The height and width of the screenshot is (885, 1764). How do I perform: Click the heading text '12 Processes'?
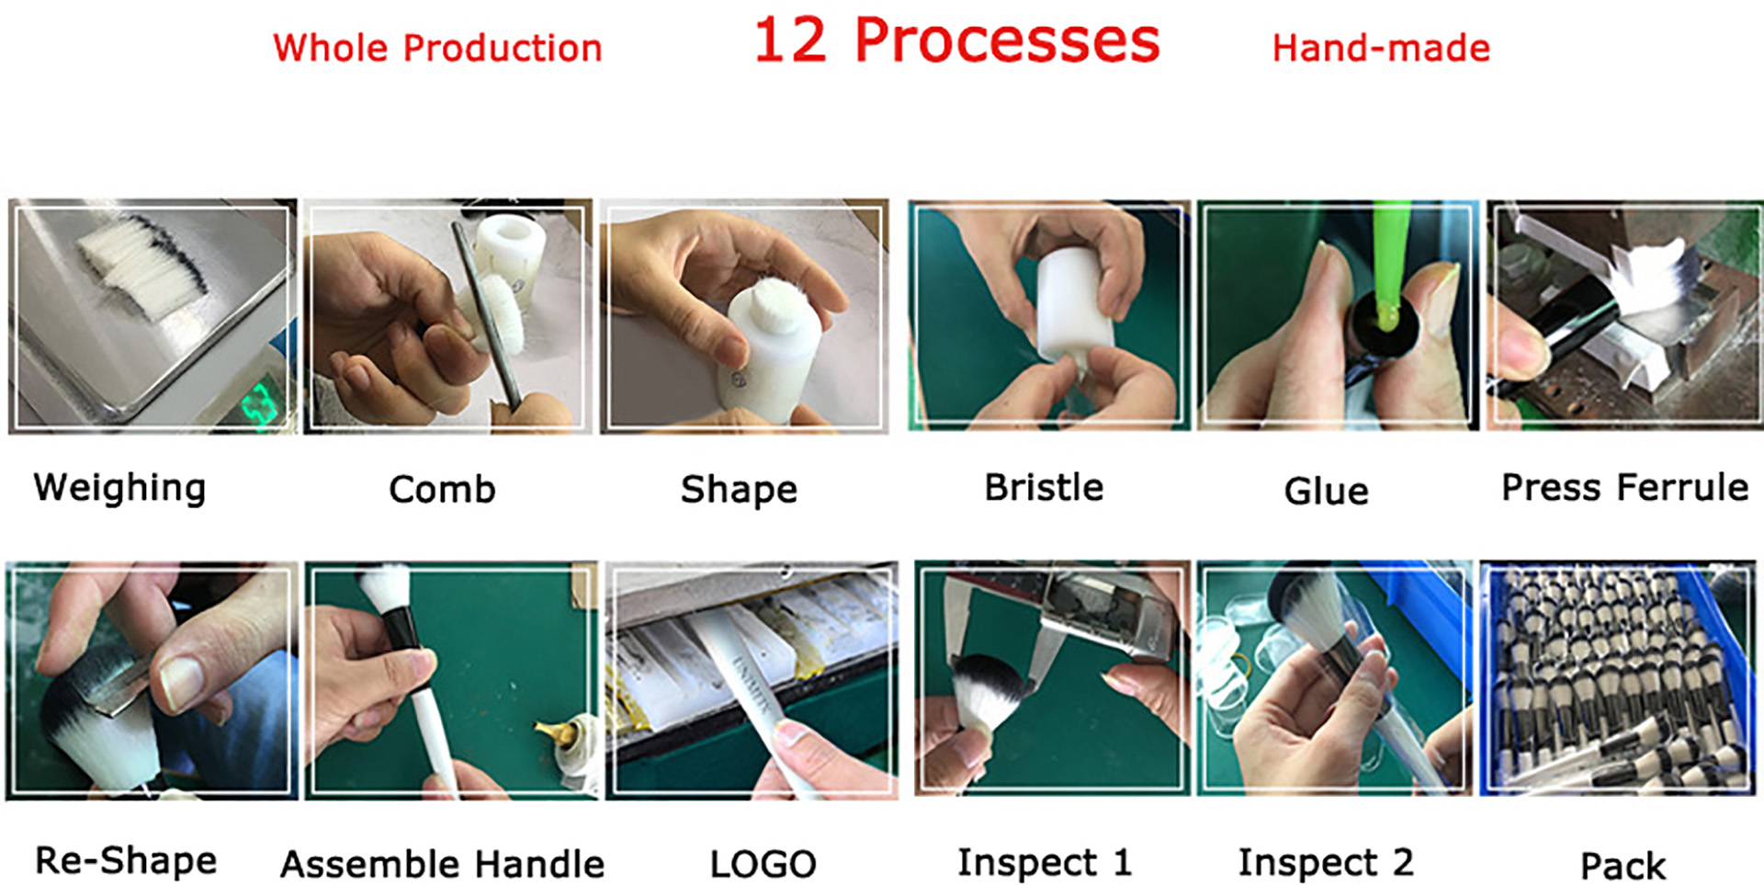955,41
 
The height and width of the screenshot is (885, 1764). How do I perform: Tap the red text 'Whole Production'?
437,48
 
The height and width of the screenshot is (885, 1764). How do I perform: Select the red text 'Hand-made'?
1380,48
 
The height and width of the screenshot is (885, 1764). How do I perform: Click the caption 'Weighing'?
119,487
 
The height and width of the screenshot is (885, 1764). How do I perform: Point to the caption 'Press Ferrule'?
1623,487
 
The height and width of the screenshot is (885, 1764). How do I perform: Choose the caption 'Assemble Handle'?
442,864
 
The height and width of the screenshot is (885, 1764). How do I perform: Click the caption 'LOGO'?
763,864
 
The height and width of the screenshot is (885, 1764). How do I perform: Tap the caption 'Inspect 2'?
1325,862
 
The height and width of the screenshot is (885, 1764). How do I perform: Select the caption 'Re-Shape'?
126,861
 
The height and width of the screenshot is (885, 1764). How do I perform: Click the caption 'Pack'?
1622,866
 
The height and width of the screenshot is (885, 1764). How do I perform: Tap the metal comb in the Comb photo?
487,312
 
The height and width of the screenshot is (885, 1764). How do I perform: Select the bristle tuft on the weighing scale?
142,267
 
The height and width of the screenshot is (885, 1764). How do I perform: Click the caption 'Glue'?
1326,491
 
